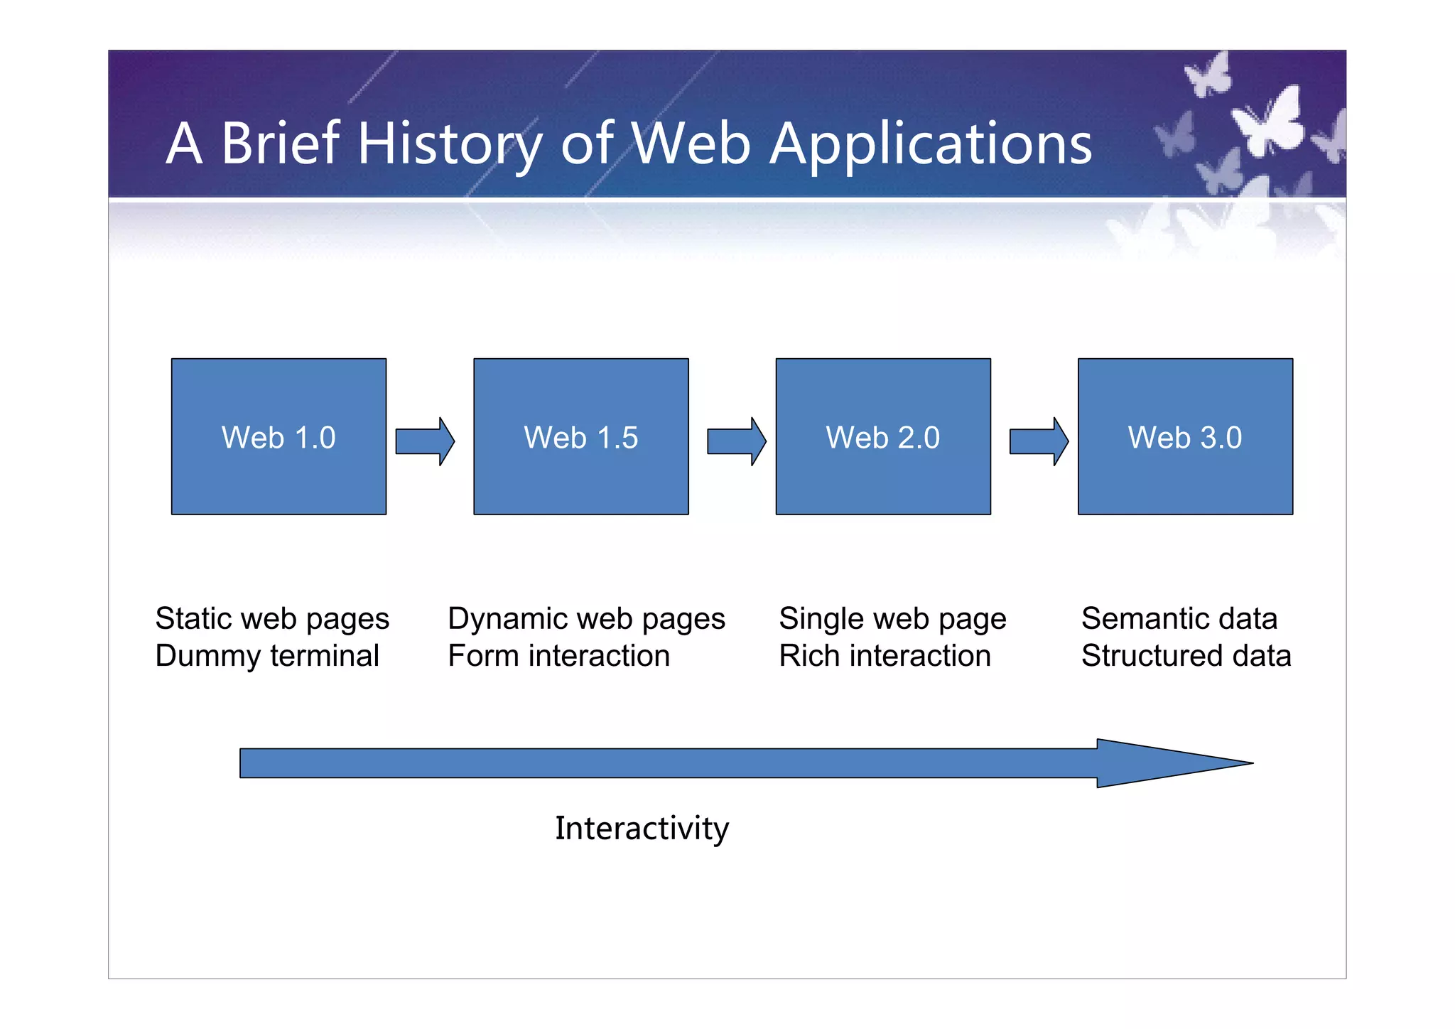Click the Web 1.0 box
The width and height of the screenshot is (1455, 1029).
click(x=278, y=436)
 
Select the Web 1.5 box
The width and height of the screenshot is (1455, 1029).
click(x=580, y=436)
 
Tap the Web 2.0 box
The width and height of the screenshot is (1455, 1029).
click(x=883, y=436)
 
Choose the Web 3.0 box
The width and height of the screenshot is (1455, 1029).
click(x=1185, y=436)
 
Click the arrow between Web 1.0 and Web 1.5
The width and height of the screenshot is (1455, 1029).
click(x=425, y=441)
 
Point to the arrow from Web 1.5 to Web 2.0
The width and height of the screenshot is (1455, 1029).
click(x=736, y=441)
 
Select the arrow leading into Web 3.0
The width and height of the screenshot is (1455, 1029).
click(x=1039, y=441)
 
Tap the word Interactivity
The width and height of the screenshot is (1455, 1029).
click(x=642, y=829)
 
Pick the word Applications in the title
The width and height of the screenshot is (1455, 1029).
click(x=931, y=144)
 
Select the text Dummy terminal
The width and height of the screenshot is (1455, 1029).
click(x=267, y=656)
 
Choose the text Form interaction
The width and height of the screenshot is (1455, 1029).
click(x=558, y=656)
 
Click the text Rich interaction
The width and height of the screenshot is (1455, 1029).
click(x=885, y=656)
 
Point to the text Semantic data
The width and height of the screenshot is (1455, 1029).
click(x=1179, y=618)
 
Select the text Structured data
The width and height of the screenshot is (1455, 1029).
click(x=1186, y=656)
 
